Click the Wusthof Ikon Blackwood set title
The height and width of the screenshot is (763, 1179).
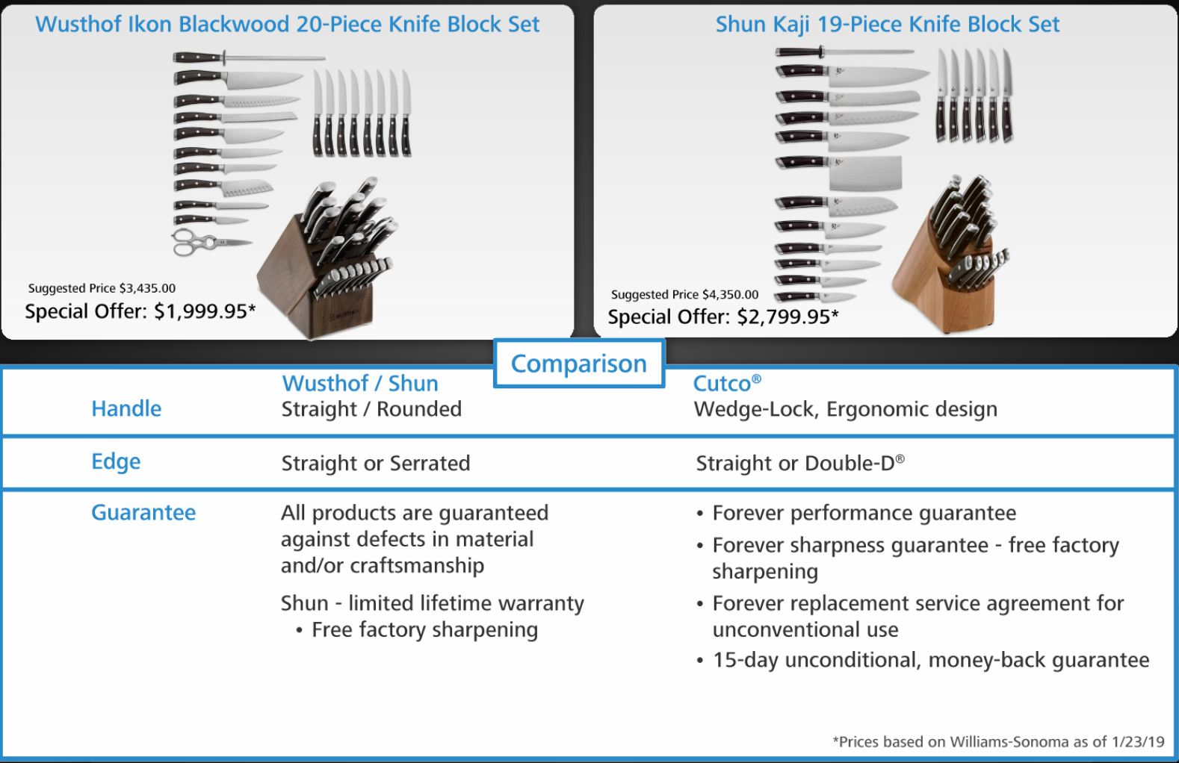point(287,24)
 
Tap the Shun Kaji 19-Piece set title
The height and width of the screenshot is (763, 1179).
point(887,24)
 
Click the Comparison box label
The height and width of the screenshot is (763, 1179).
point(579,364)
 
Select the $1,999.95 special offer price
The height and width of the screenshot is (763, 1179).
point(140,311)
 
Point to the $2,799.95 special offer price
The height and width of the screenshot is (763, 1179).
point(722,317)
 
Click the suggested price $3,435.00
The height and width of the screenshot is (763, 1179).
point(102,288)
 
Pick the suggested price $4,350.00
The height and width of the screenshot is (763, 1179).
point(684,295)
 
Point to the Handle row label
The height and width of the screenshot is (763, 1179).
point(126,408)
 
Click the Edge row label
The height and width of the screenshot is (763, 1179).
point(116,461)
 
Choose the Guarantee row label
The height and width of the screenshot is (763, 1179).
point(143,512)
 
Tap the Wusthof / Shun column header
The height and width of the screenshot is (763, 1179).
point(359,383)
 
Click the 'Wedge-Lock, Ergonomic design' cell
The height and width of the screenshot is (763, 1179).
point(845,409)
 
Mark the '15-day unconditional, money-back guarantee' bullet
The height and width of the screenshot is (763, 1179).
point(930,660)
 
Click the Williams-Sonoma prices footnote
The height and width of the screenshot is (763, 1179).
point(998,741)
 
